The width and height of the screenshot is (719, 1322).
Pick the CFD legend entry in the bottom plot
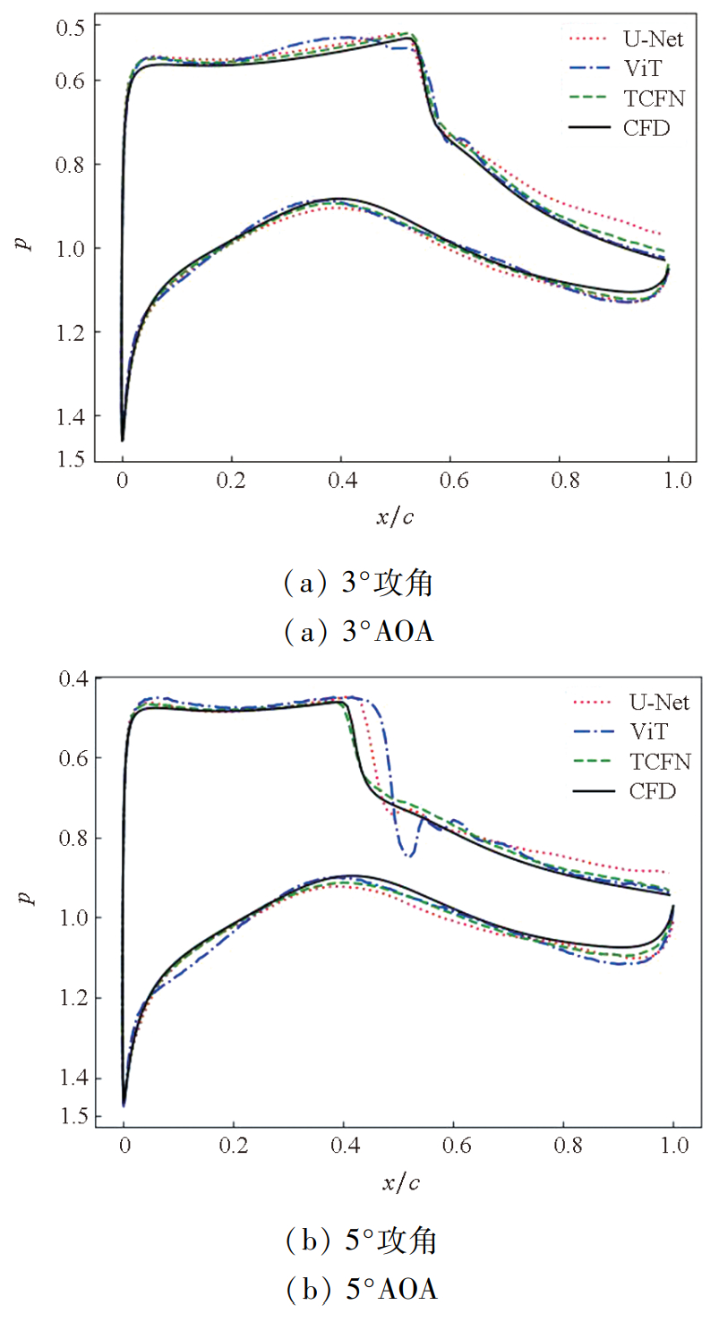[x=651, y=791]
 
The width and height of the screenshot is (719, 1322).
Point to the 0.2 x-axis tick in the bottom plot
[x=234, y=1145]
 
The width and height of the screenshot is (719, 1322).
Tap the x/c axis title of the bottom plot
[x=401, y=1182]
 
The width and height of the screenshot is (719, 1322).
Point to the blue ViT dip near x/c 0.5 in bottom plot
[x=408, y=855]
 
